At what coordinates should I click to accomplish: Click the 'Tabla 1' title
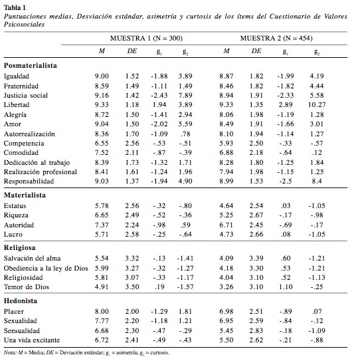pos(15,7)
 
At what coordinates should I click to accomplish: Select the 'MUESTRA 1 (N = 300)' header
pos(146,38)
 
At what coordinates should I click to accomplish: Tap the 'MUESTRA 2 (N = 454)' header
pos(276,38)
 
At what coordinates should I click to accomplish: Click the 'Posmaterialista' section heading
pos(31,66)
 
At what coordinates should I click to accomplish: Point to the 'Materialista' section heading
pos(25,195)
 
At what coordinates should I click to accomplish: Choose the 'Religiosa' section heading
pos(20,248)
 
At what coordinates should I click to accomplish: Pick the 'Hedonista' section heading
pos(21,301)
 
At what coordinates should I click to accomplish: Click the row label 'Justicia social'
pos(26,95)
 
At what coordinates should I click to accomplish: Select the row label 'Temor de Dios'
pos(27,287)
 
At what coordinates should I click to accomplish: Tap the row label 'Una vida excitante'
pos(32,340)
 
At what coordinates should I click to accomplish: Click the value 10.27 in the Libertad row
pos(317,105)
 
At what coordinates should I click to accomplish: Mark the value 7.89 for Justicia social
pos(185,95)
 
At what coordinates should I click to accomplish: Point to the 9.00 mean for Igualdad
pos(102,76)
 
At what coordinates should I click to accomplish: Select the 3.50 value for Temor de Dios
pos(132,287)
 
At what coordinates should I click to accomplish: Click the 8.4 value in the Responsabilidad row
pos(317,181)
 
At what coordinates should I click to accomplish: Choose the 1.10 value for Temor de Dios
pos(285,287)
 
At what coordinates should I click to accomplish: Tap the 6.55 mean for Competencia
pos(102,143)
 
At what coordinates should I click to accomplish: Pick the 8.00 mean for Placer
pos(102,312)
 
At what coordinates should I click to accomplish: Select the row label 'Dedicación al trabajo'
pos(37,162)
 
